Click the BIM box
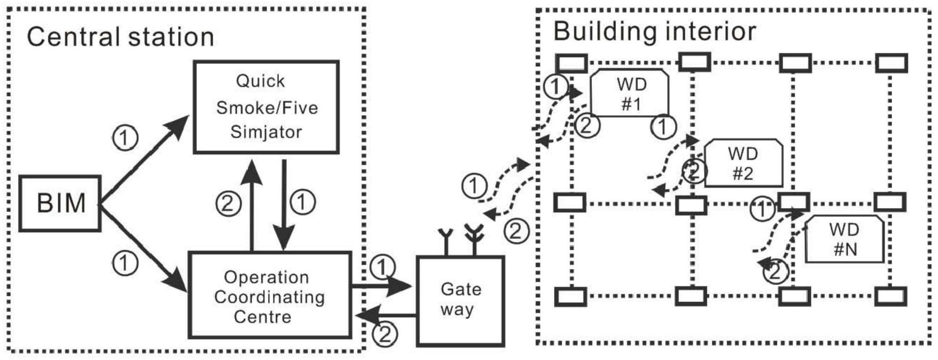click(x=60, y=203)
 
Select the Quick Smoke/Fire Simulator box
click(x=266, y=107)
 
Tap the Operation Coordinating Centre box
click(x=270, y=295)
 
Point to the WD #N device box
click(x=844, y=239)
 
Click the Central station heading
click(x=120, y=37)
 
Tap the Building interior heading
click(x=654, y=31)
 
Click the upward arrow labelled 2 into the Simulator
click(x=253, y=206)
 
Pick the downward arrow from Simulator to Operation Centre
click(x=284, y=206)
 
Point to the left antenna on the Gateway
click(x=445, y=241)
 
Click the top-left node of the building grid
click(x=571, y=63)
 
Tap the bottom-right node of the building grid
click(x=890, y=297)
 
